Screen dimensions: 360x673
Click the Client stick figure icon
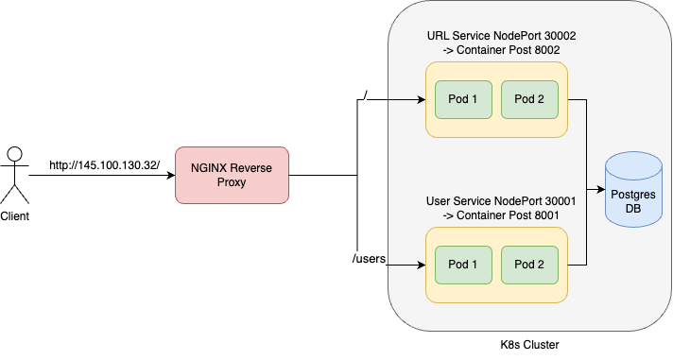pos(15,175)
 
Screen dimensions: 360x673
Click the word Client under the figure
pos(15,216)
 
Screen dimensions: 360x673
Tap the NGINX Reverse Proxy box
pos(232,175)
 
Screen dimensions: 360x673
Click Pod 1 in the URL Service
pos(463,99)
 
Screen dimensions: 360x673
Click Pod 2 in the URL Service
pos(529,99)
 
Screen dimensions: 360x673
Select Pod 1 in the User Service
pos(463,265)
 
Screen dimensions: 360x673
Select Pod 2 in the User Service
pos(529,265)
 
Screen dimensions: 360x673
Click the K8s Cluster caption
pos(528,345)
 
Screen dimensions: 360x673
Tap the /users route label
pos(369,258)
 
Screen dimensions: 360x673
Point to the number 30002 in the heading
pos(556,35)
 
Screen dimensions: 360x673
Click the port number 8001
pos(544,214)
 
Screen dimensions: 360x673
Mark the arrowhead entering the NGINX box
pos(170,175)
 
